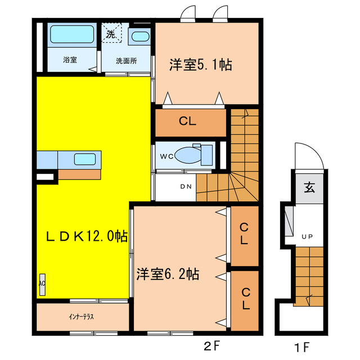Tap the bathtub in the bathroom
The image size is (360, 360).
point(72,35)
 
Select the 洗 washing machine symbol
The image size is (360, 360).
point(111,34)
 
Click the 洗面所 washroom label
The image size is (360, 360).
point(125,60)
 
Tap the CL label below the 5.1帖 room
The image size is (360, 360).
point(188,121)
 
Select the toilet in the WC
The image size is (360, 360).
point(191,154)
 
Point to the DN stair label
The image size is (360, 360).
point(185,187)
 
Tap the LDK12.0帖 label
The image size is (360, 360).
point(85,236)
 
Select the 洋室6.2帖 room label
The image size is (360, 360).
point(168,274)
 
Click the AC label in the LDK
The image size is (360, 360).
point(42,284)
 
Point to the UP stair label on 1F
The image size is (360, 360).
point(307,236)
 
